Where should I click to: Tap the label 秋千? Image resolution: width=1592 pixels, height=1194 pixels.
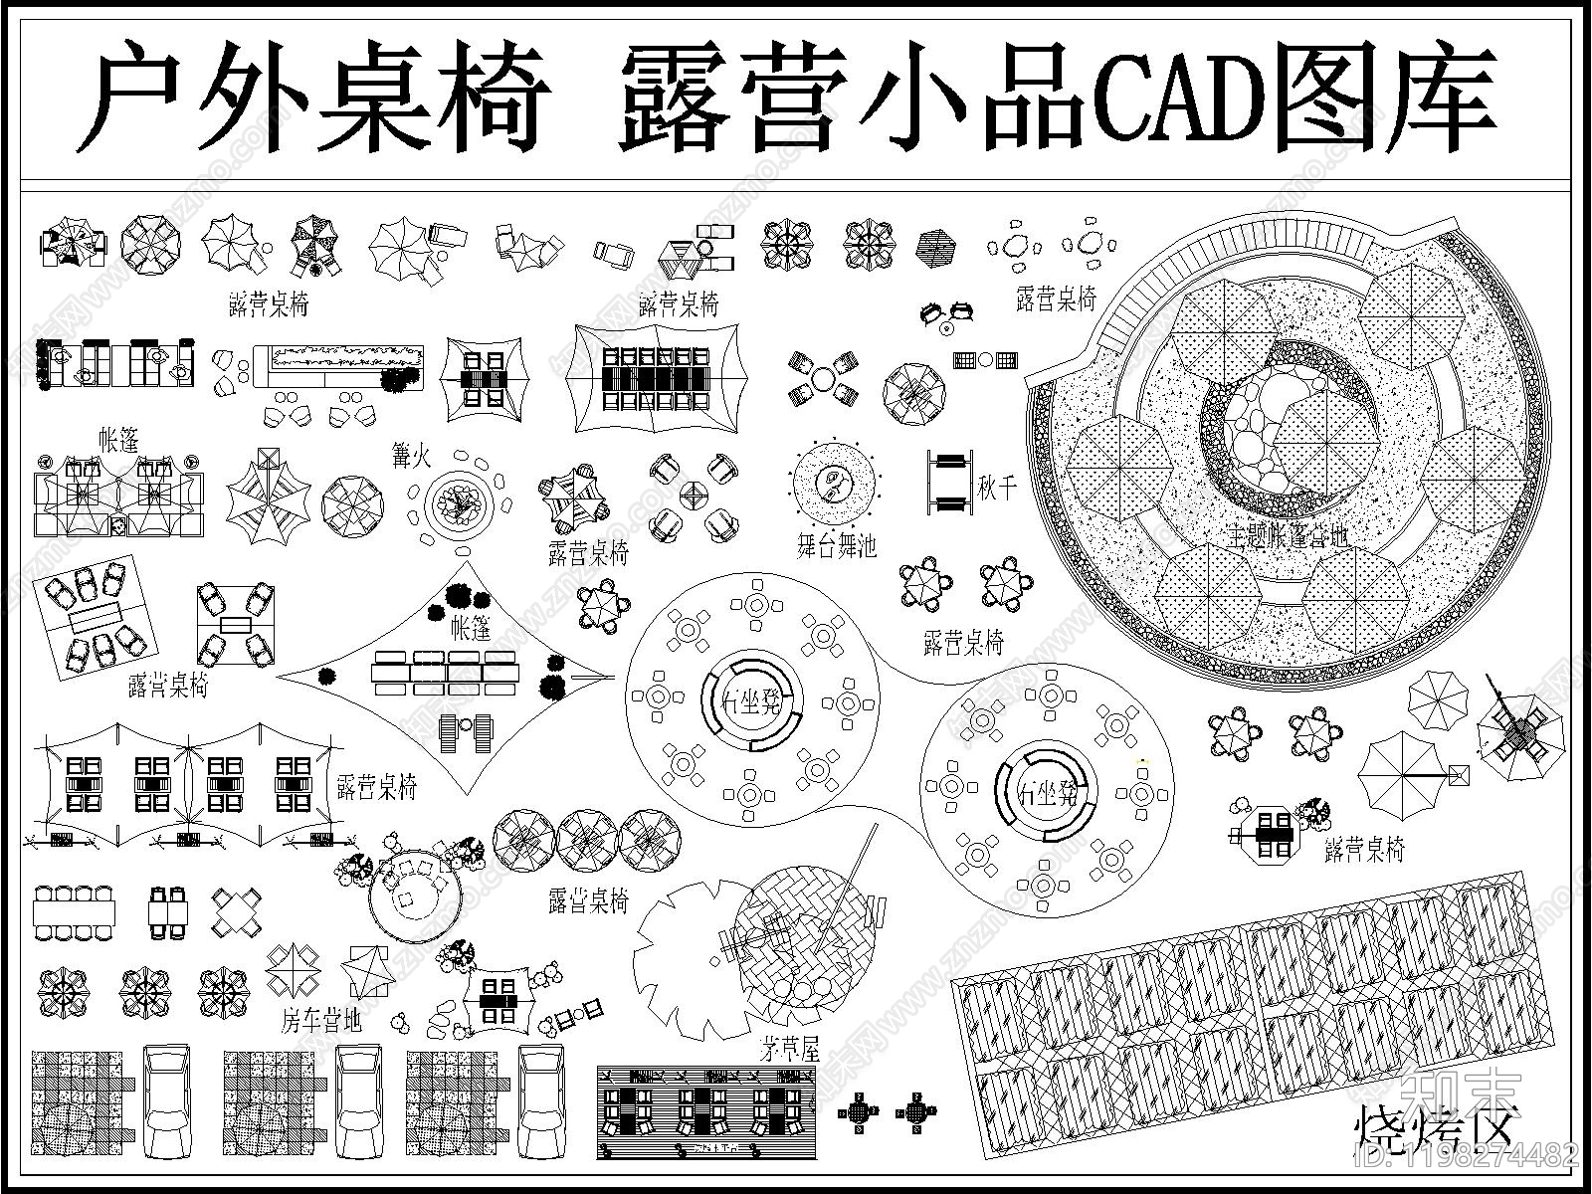(x=996, y=487)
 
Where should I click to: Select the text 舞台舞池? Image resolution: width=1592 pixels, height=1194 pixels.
(x=836, y=543)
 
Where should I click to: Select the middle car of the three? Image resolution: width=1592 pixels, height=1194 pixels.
(x=360, y=1100)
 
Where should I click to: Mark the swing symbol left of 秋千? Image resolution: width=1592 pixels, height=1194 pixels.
(x=951, y=482)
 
